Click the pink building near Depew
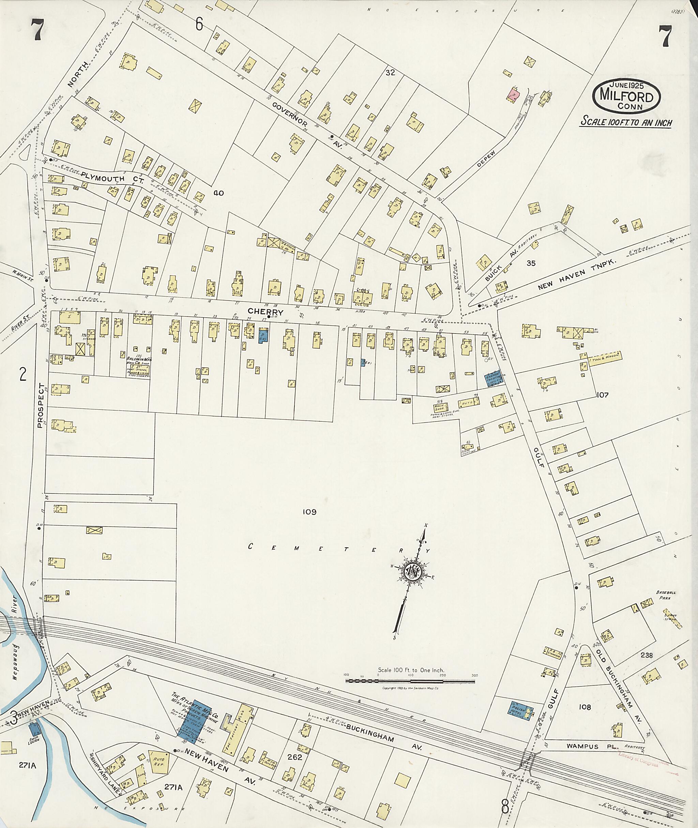tap(514, 95)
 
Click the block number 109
tap(309, 512)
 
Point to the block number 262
tap(295, 757)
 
